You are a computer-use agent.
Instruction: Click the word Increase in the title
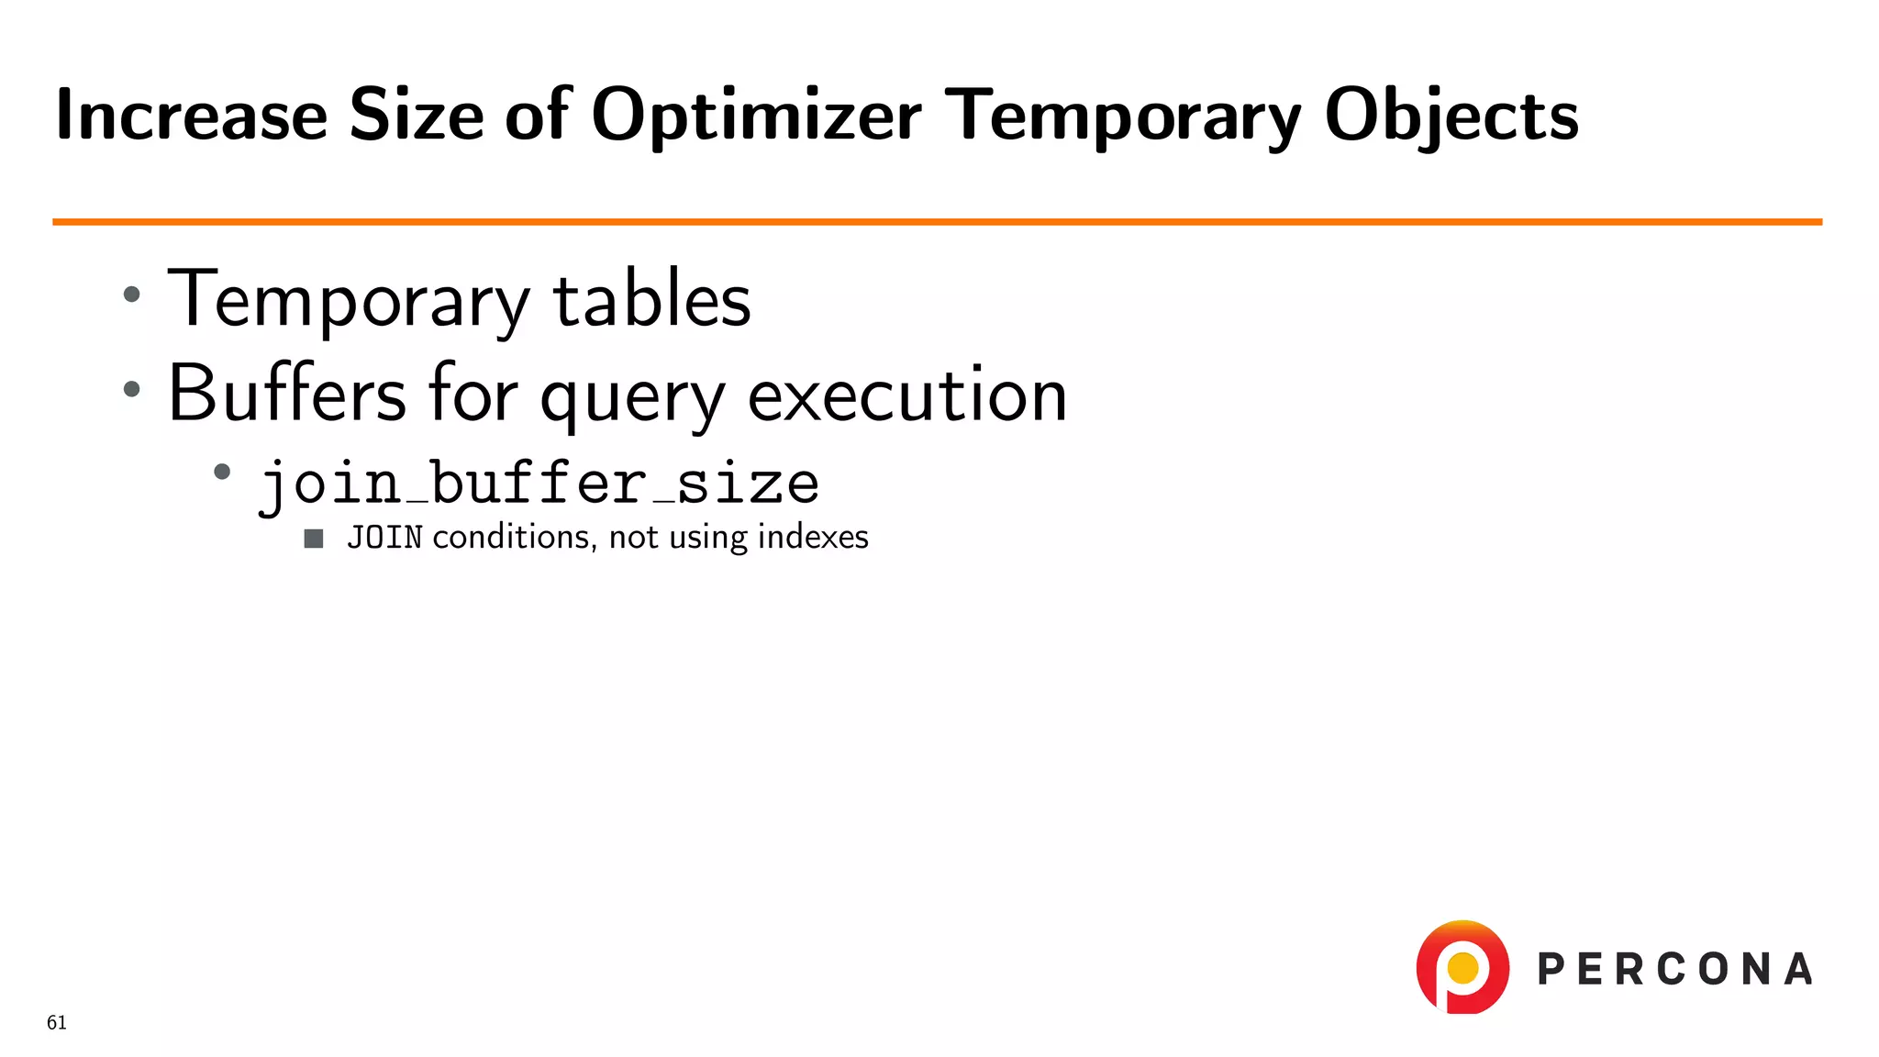coord(191,116)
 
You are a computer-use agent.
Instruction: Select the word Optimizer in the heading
coord(756,116)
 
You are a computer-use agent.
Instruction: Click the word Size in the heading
coord(416,116)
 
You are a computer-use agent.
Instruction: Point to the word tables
coord(651,300)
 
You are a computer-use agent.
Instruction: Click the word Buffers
coord(287,395)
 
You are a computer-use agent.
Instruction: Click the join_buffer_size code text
coord(539,484)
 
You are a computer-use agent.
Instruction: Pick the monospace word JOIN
coord(384,538)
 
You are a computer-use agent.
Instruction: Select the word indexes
coord(813,538)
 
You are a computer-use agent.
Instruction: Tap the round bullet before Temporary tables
coord(132,295)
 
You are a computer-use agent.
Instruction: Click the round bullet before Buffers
coord(132,389)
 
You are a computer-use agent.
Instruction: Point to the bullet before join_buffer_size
coord(222,473)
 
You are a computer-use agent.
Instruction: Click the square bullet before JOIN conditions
coord(314,539)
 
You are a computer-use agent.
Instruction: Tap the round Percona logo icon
coord(1462,967)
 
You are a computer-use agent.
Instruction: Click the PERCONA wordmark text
coord(1674,970)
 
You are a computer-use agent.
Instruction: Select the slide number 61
coord(57,1023)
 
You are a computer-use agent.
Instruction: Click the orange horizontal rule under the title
coord(937,222)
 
